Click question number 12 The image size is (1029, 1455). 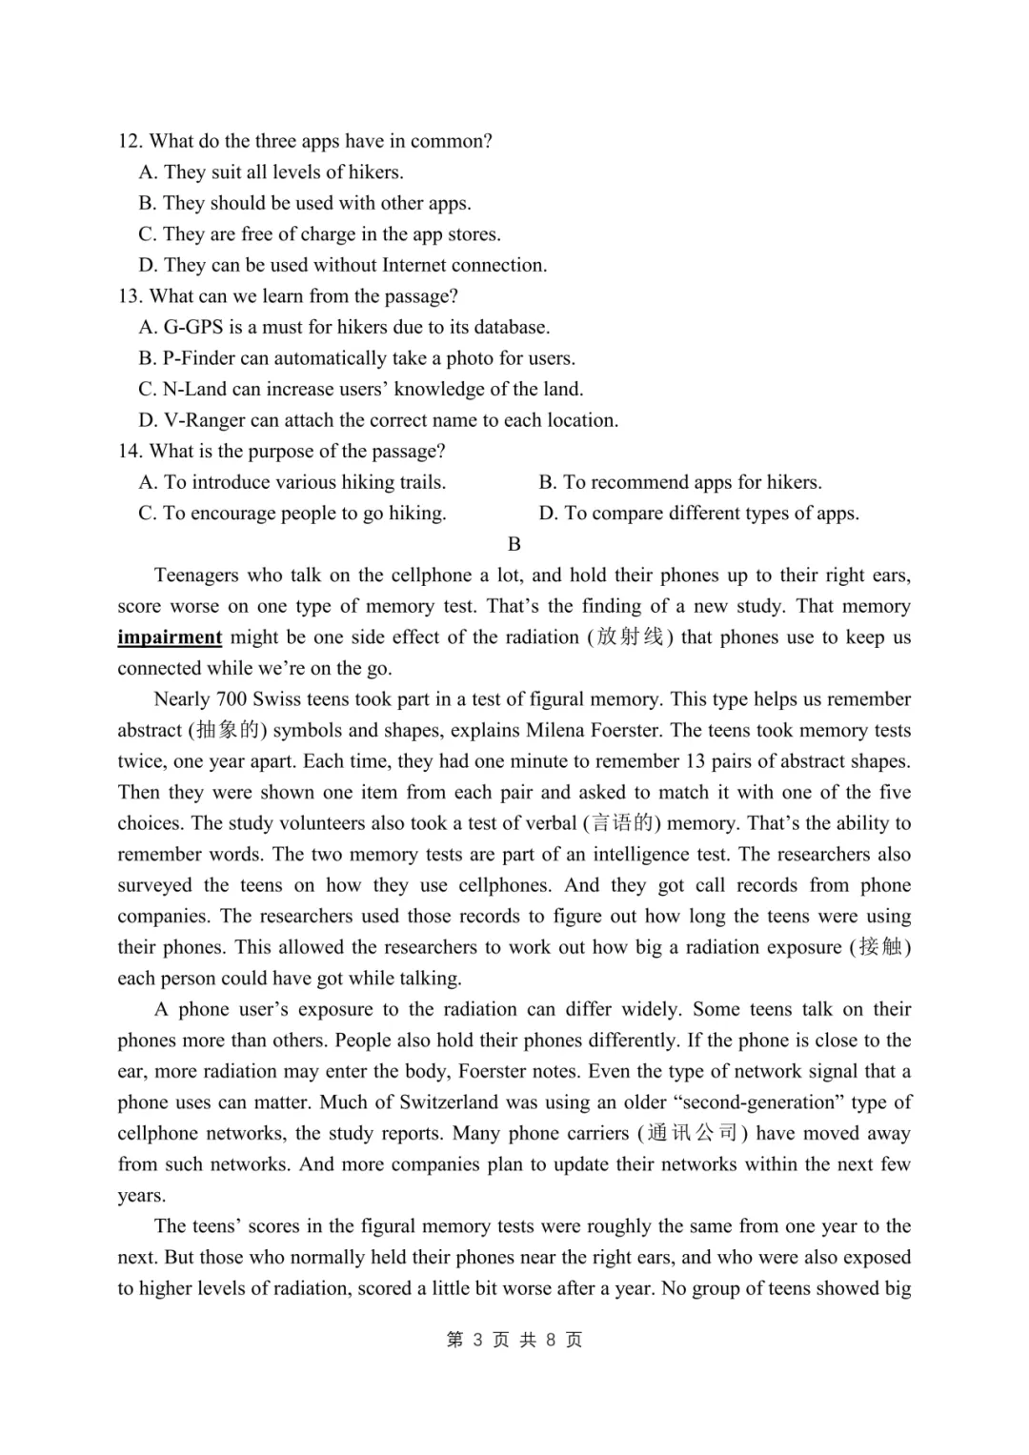[130, 141]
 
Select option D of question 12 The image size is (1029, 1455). [343, 265]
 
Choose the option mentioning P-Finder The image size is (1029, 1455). [357, 358]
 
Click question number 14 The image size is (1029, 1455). [130, 451]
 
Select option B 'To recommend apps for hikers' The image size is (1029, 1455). [680, 482]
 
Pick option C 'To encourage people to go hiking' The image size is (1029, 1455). [293, 513]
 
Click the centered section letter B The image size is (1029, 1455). [514, 544]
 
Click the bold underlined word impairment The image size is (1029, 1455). [170, 637]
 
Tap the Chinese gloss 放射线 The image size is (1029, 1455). [630, 637]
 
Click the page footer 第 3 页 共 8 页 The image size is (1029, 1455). [514, 1340]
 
